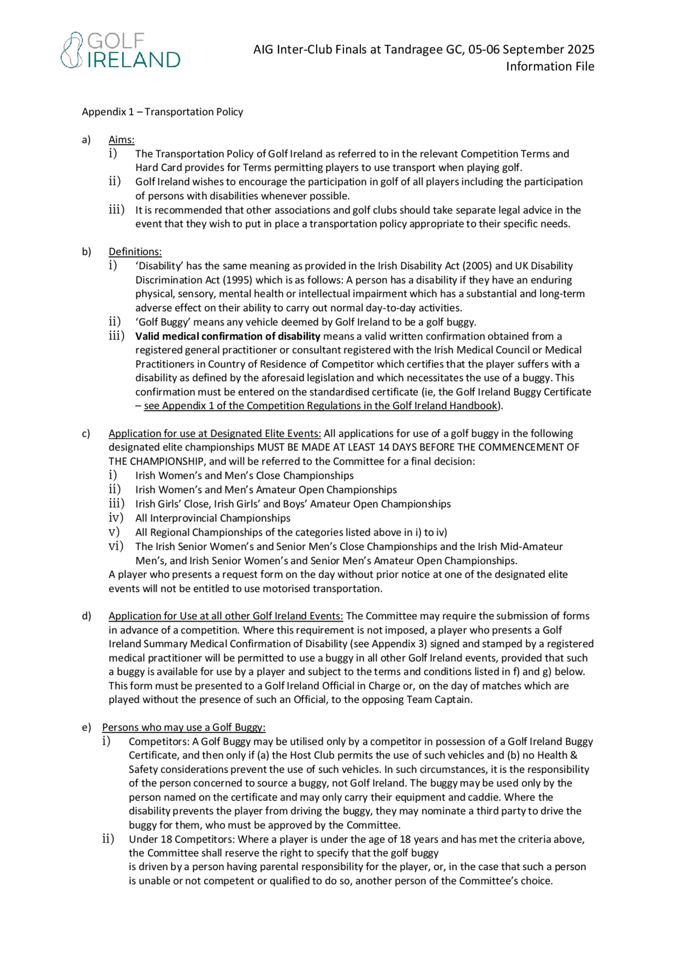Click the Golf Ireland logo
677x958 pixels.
(x=120, y=50)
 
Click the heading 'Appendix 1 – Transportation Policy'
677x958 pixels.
(x=162, y=112)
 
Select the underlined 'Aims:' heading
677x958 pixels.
(x=122, y=140)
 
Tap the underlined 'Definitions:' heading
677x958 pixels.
(x=135, y=252)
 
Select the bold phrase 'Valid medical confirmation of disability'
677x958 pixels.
(x=228, y=336)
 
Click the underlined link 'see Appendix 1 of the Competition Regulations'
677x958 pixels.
(x=320, y=406)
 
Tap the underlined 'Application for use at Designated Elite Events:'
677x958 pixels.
(x=215, y=433)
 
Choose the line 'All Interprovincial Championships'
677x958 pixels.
(x=213, y=518)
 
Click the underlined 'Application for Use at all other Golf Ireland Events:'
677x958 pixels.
(x=226, y=616)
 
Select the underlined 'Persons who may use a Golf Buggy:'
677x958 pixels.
(x=183, y=727)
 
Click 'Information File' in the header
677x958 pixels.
(x=550, y=66)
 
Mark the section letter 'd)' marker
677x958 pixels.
(x=86, y=616)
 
